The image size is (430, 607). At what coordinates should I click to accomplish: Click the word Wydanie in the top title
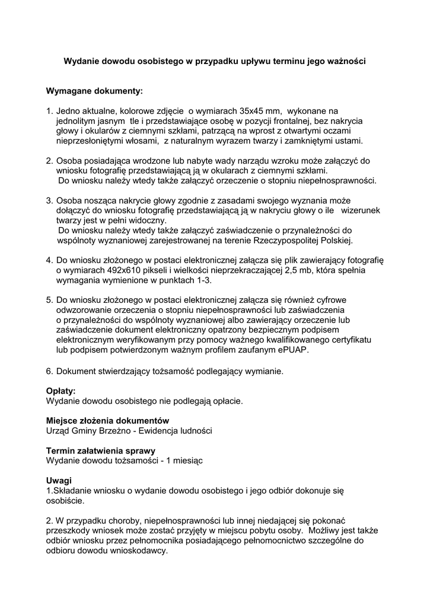(82, 61)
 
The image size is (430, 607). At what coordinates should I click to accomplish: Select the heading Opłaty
(61, 391)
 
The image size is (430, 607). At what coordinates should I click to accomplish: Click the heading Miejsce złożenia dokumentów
(107, 420)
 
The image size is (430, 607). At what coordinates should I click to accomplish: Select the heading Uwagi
(59, 480)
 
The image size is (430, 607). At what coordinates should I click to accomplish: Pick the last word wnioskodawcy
(141, 550)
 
